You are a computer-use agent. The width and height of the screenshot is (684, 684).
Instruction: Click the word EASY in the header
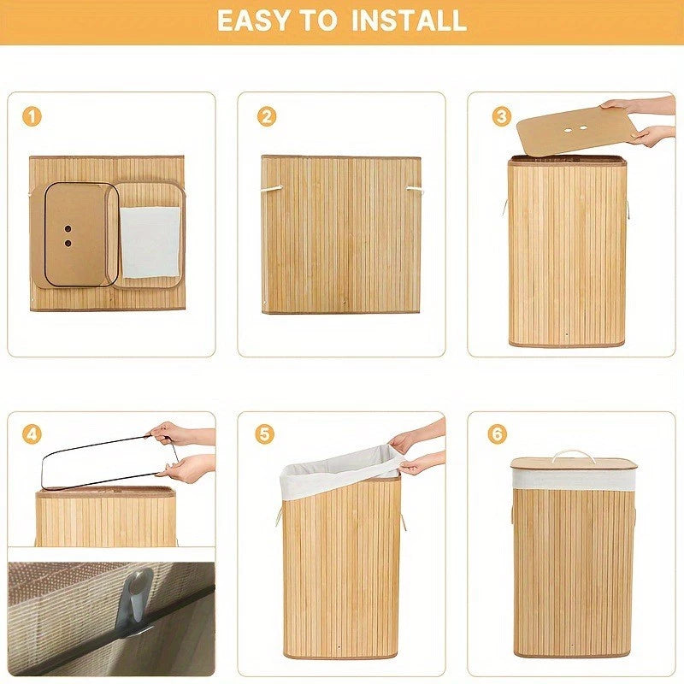click(254, 21)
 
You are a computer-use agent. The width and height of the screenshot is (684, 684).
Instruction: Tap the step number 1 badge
click(32, 117)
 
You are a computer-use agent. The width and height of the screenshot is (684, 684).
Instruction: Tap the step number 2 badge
click(267, 117)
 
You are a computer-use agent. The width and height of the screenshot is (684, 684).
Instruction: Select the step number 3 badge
click(502, 117)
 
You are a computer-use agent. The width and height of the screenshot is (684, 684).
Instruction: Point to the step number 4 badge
click(32, 434)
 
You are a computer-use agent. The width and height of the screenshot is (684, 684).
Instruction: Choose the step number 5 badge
click(265, 434)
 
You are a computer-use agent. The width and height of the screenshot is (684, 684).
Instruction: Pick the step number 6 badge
click(498, 434)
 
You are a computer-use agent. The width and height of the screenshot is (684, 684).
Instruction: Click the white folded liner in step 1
click(150, 241)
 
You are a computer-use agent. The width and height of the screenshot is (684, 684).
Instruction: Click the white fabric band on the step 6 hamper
click(573, 479)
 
